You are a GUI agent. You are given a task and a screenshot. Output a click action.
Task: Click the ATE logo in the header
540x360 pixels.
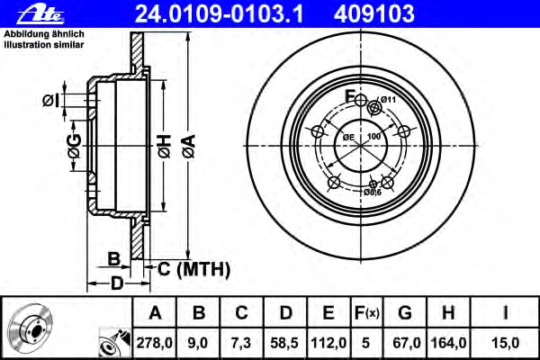(41, 14)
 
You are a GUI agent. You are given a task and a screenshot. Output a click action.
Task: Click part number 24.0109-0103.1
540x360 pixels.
(220, 14)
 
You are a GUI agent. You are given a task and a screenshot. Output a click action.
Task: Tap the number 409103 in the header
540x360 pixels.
(374, 14)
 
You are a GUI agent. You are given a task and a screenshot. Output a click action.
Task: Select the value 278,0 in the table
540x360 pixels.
(154, 343)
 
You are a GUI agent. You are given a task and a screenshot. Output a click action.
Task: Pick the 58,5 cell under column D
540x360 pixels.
(284, 343)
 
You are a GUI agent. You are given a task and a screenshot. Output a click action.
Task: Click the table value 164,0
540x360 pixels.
(449, 343)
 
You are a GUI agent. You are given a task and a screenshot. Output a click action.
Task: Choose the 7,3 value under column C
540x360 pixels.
(241, 343)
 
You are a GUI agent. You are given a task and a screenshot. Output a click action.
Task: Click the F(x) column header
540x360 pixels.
(367, 313)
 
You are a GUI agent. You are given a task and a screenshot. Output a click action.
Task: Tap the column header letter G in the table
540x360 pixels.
(405, 313)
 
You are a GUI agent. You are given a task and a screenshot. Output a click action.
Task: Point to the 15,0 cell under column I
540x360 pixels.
(505, 343)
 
